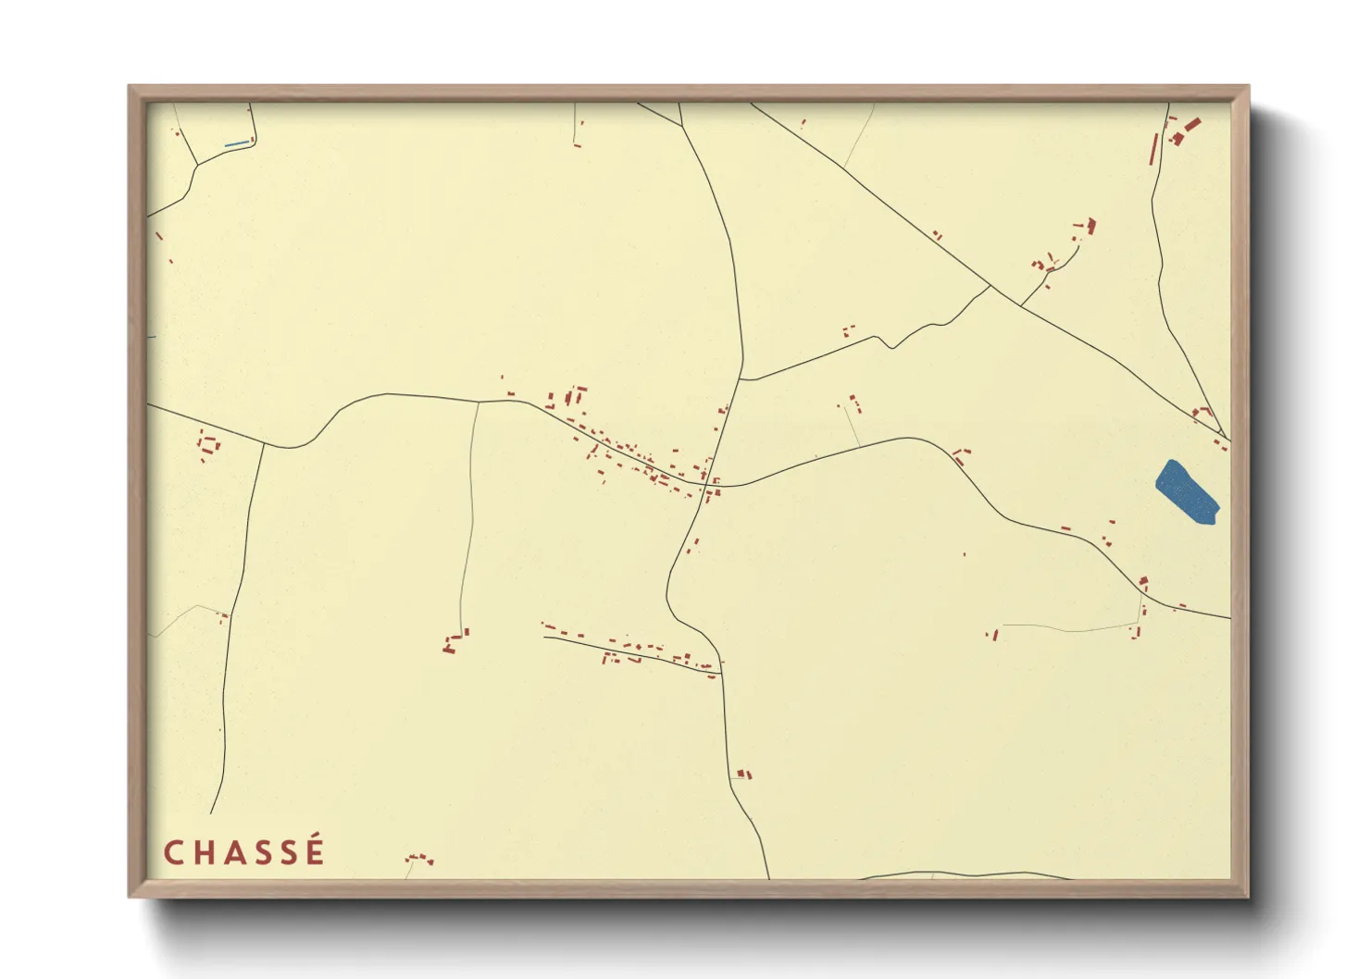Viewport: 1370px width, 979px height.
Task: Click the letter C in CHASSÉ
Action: (173, 852)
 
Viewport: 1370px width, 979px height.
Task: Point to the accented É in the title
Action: (314, 850)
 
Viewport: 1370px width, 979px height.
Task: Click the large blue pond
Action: (1187, 492)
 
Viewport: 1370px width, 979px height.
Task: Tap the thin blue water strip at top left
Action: (237, 143)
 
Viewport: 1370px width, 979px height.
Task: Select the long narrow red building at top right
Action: (1153, 150)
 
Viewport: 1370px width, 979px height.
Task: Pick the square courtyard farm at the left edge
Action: (209, 445)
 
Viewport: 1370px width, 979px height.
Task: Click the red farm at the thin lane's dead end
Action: (454, 642)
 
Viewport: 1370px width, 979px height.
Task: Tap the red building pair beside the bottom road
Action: (743, 774)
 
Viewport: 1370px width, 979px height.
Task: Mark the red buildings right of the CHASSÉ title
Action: (419, 859)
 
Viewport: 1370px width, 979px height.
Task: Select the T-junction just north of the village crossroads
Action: (741, 379)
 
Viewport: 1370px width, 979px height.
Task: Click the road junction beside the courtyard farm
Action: (264, 445)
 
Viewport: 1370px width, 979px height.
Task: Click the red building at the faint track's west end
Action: (993, 635)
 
